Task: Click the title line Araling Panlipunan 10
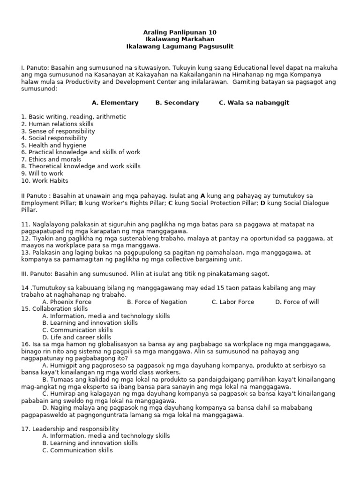pos(180,32)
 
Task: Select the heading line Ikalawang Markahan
pos(180,39)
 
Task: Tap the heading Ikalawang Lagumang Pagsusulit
pos(180,46)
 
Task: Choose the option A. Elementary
pos(115,103)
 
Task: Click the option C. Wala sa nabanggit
pos(254,103)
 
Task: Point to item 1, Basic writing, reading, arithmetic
pos(74,117)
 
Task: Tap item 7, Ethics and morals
pos(51,159)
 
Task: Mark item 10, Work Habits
pos(45,180)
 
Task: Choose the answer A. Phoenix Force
pos(67,302)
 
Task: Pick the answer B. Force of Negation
pos(157,302)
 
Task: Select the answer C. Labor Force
pos(233,302)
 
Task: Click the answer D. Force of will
pos(297,302)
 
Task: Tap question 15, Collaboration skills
pos(54,309)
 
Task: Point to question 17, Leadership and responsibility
pos(70,429)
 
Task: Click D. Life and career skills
pos(77,337)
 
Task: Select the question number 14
pos(25,288)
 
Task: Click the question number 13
pos(25,252)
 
